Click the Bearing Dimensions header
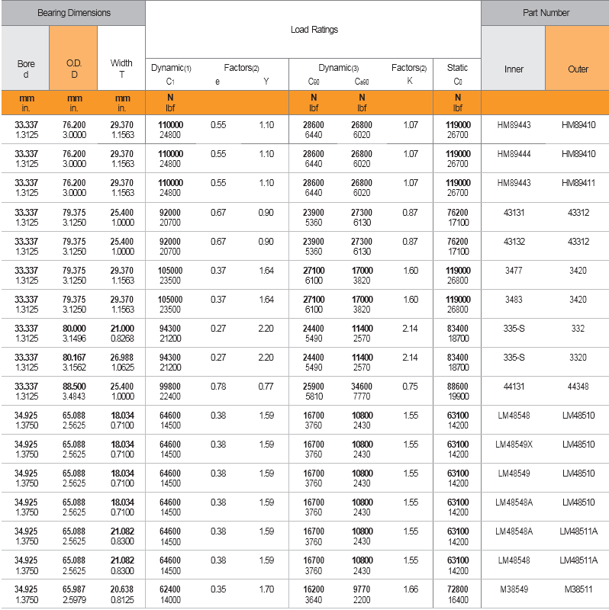pos(73,13)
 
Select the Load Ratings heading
pos(314,30)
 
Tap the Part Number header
pos(546,13)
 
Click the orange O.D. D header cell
pos(74,69)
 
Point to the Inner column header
pos(514,69)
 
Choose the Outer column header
pos(578,69)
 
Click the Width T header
pos(121,69)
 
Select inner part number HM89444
pos(514,153)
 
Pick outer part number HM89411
pos(578,183)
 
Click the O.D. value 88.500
pos(74,387)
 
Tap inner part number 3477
pos(514,270)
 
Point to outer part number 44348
pos(578,387)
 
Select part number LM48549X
pos(514,445)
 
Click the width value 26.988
pos(121,358)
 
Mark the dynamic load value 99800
pos(169,387)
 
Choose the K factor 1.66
pos(410,589)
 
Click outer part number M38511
pos(578,589)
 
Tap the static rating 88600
pos(458,387)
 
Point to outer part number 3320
pos(578,358)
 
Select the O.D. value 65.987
pos(74,589)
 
